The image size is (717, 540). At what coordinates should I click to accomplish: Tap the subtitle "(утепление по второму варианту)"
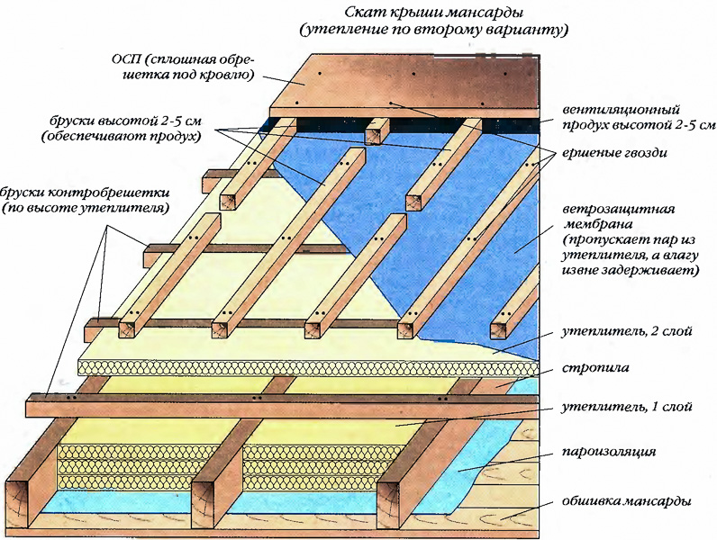[x=434, y=31]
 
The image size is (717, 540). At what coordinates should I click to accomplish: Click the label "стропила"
[x=595, y=367]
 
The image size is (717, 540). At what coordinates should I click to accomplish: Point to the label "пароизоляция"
[x=608, y=453]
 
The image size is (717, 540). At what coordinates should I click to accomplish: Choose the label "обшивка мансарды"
[x=626, y=501]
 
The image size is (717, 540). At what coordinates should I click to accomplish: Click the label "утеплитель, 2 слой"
[x=626, y=331]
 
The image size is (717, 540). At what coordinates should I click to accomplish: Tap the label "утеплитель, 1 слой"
[x=626, y=407]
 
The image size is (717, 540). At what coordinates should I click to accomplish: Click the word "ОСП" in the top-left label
[x=123, y=59]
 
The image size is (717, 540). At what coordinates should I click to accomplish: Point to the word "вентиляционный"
[x=621, y=110]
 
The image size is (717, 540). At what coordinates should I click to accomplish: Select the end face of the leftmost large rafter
[x=21, y=506]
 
